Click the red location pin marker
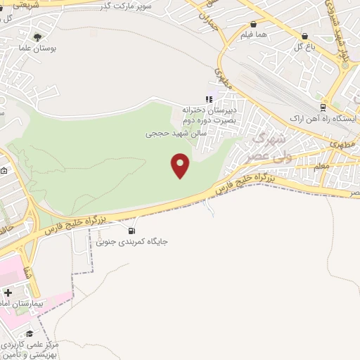[181, 165]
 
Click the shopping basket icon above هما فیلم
[253, 24]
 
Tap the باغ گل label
[303, 47]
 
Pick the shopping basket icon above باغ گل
[304, 35]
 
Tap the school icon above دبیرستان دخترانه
[208, 99]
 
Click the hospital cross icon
[8, 292]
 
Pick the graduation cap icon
[30, 334]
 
